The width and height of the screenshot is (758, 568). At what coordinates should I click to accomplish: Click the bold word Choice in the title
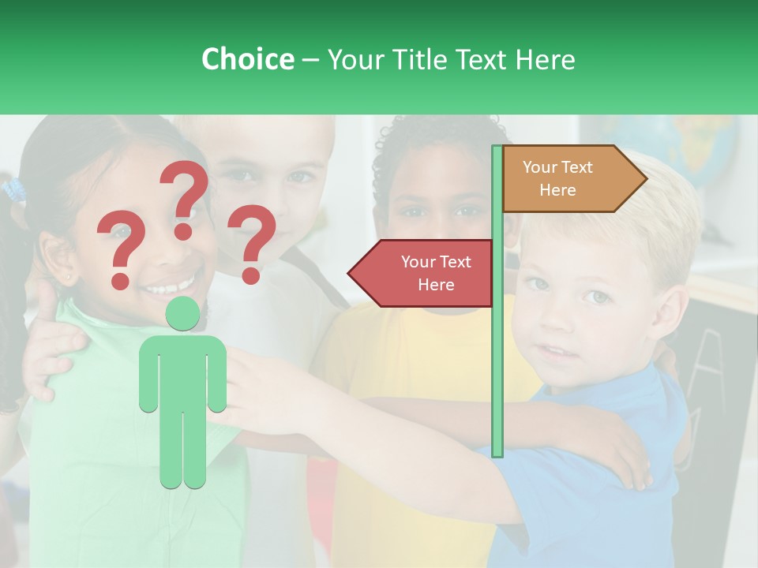247,59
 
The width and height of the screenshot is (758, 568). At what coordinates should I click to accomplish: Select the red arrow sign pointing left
422,273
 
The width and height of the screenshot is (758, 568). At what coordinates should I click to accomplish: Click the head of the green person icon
182,313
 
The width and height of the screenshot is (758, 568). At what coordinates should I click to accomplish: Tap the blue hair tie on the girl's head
14,190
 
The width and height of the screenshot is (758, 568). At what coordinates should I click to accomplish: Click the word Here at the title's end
545,59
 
